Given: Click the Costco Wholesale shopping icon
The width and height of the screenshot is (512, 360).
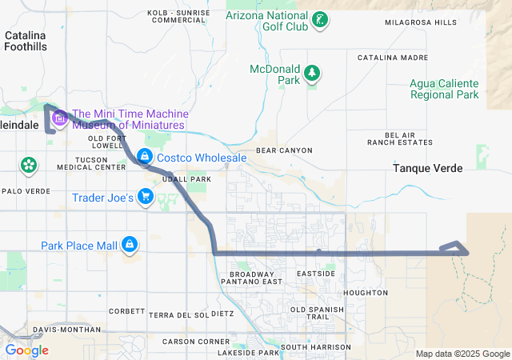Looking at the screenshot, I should pos(145,157).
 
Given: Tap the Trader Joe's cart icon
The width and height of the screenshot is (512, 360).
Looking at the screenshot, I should pos(146,196).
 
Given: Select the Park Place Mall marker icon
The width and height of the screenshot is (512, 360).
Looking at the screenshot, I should pos(130,244).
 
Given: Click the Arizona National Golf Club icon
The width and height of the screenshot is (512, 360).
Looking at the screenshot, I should pos(320,19).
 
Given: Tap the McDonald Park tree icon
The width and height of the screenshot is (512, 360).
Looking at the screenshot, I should pos(312,74).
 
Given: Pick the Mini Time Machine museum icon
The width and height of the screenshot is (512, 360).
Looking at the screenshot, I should pos(59,119).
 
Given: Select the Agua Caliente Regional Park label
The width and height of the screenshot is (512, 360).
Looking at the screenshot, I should pos(445,89).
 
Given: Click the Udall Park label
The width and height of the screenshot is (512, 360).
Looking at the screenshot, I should pos(186,179).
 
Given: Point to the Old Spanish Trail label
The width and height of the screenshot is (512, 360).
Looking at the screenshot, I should pos(320,314).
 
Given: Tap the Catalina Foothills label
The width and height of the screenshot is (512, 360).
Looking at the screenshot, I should pos(26,41).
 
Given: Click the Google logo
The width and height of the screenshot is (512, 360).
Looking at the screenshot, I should pos(26,350).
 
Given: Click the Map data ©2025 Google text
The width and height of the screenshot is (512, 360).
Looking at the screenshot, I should pos(462,354).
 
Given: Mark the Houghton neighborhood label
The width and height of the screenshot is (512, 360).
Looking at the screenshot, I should pos(365,293).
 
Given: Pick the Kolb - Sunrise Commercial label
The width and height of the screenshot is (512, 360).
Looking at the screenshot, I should pos(178,16).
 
